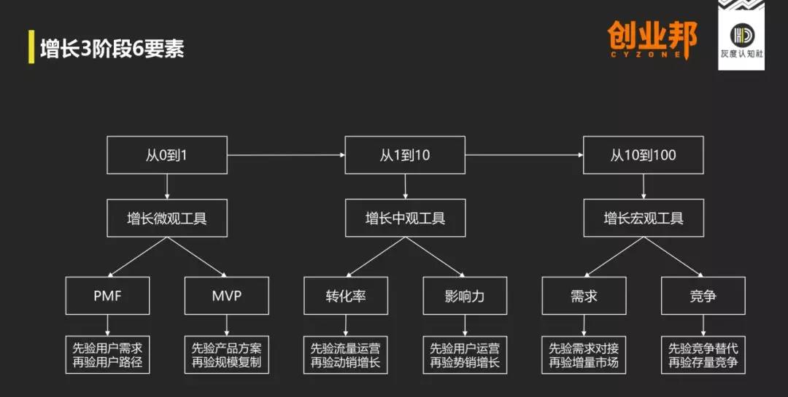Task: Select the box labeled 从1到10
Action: click(x=405, y=154)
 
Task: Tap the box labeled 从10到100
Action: click(x=643, y=154)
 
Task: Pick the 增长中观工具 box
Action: click(x=405, y=218)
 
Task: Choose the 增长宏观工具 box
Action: click(x=643, y=218)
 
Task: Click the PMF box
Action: click(x=107, y=296)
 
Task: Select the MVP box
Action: click(x=226, y=296)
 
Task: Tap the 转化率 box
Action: click(x=345, y=296)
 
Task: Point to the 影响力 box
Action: click(x=465, y=296)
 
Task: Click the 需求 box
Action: click(x=584, y=296)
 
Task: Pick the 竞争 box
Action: click(x=703, y=296)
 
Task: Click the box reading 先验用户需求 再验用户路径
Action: click(x=107, y=355)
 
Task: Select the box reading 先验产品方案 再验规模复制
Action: click(x=226, y=355)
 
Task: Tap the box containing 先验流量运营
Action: click(x=345, y=355)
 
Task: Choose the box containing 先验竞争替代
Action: click(x=703, y=355)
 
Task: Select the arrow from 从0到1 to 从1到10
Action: click(x=285, y=154)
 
